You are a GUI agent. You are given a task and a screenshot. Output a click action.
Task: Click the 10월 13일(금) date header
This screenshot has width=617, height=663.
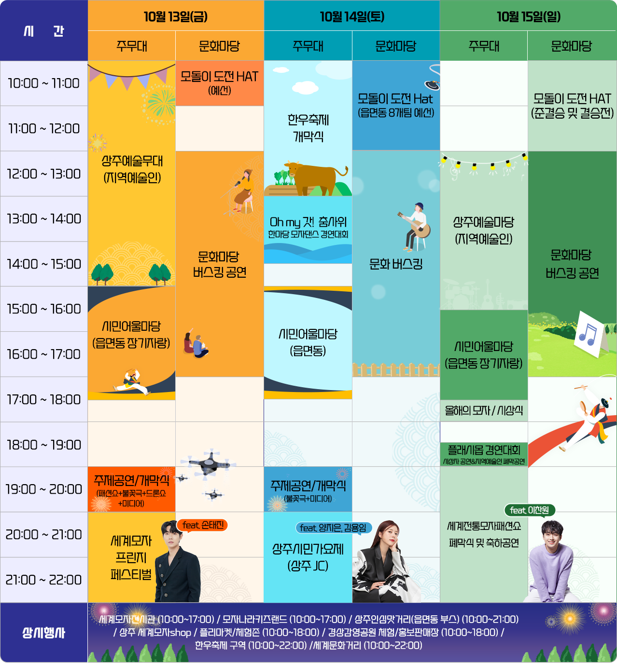[176, 16]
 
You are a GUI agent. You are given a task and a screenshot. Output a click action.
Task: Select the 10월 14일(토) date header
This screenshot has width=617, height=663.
[352, 16]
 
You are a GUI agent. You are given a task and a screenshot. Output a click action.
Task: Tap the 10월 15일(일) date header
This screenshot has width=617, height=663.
[529, 16]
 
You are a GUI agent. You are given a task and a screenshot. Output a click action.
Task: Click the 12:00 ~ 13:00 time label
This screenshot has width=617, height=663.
[43, 174]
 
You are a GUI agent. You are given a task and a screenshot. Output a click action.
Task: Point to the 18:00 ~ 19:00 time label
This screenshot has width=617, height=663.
[43, 445]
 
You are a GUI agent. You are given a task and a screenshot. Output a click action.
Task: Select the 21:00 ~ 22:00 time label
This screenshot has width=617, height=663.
[43, 580]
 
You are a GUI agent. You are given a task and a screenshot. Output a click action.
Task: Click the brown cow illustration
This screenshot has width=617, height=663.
[314, 176]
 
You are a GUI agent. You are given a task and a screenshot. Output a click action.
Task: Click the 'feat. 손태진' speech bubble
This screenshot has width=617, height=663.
[203, 525]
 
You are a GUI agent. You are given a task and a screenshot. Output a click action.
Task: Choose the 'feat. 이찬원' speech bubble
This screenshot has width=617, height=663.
[530, 510]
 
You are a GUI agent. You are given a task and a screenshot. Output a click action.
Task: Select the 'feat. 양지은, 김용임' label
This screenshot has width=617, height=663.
[333, 528]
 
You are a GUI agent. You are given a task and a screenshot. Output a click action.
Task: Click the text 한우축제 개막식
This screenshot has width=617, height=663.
[308, 128]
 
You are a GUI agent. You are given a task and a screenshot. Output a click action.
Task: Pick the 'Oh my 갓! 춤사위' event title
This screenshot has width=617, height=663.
[308, 222]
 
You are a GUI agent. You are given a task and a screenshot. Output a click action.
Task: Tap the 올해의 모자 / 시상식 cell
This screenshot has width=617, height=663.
[484, 411]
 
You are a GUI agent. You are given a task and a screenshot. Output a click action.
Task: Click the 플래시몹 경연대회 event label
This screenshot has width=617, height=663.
[484, 450]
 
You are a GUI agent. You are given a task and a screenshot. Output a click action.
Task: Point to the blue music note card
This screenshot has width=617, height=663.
[588, 333]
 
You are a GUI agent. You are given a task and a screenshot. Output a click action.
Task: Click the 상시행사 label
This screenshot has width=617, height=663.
[43, 633]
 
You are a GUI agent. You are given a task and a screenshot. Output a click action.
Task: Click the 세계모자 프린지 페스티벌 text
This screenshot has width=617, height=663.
[131, 558]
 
